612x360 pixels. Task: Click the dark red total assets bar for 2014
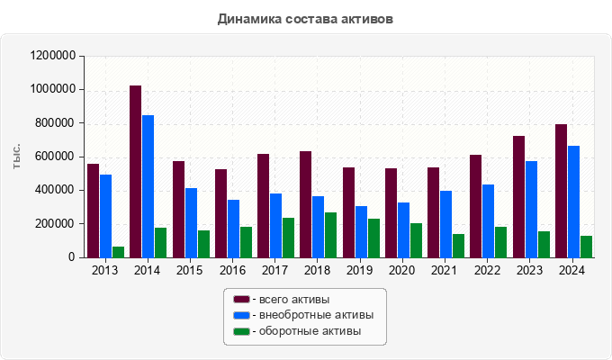tap(135, 171)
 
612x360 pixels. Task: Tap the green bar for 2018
tap(330, 235)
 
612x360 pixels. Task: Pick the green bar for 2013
tap(118, 252)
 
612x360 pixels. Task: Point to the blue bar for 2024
tap(574, 202)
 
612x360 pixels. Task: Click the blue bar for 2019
tap(361, 231)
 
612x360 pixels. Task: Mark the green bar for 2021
tap(458, 246)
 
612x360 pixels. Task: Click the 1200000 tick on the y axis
tap(52, 56)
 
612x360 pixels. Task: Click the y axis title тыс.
tap(17, 157)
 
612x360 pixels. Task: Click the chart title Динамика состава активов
tap(305, 19)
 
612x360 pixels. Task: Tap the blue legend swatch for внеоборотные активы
tap(241, 315)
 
